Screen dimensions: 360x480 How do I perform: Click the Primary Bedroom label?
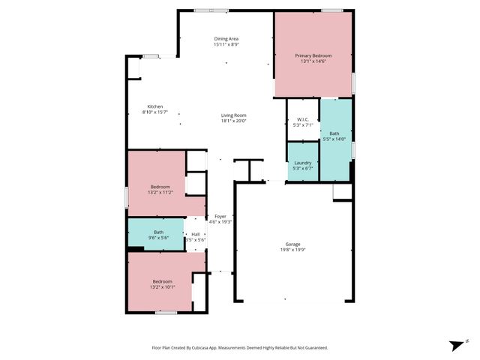coord(313,55)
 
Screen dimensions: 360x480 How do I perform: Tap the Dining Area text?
coord(226,38)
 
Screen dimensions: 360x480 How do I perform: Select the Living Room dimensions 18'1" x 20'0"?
coord(233,121)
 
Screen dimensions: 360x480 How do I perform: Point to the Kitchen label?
coord(155,106)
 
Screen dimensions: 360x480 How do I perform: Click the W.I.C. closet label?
coord(303,119)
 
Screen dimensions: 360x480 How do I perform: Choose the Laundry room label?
coord(303,163)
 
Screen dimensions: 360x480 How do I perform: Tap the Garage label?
coord(292,244)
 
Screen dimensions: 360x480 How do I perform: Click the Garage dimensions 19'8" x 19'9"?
coord(292,250)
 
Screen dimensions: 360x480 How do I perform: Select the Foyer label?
coord(220,216)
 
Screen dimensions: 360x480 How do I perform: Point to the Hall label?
coord(196,234)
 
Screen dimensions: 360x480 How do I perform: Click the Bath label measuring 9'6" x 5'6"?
coord(159,232)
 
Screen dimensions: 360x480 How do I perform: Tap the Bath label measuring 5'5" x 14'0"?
coord(334,133)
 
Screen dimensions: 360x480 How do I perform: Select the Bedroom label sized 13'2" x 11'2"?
coord(160,187)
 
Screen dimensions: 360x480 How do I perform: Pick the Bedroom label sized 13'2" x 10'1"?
coord(163,281)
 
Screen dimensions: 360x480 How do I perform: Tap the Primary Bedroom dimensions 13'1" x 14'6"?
coord(313,61)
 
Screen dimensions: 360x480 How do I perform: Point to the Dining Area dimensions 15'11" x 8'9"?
coord(226,44)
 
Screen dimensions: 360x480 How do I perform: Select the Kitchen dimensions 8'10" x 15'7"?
coord(155,112)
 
